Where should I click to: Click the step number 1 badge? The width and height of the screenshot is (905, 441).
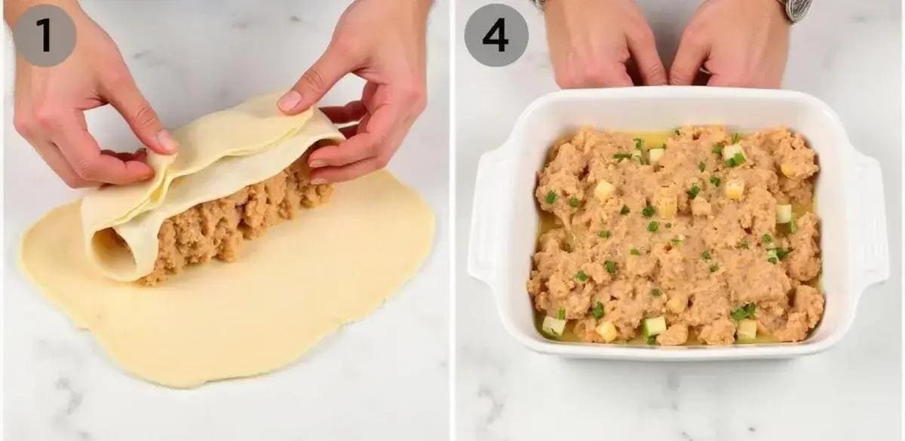tap(44, 35)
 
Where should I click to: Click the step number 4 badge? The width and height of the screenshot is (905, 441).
tap(496, 35)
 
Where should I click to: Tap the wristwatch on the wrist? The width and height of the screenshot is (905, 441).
tap(799, 10)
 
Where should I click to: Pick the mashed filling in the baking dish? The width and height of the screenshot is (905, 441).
tap(675, 234)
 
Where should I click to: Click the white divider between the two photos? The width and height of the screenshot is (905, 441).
tap(452, 220)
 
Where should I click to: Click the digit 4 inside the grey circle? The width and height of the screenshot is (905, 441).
tap(496, 35)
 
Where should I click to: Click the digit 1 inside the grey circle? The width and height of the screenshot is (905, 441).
tap(45, 35)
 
